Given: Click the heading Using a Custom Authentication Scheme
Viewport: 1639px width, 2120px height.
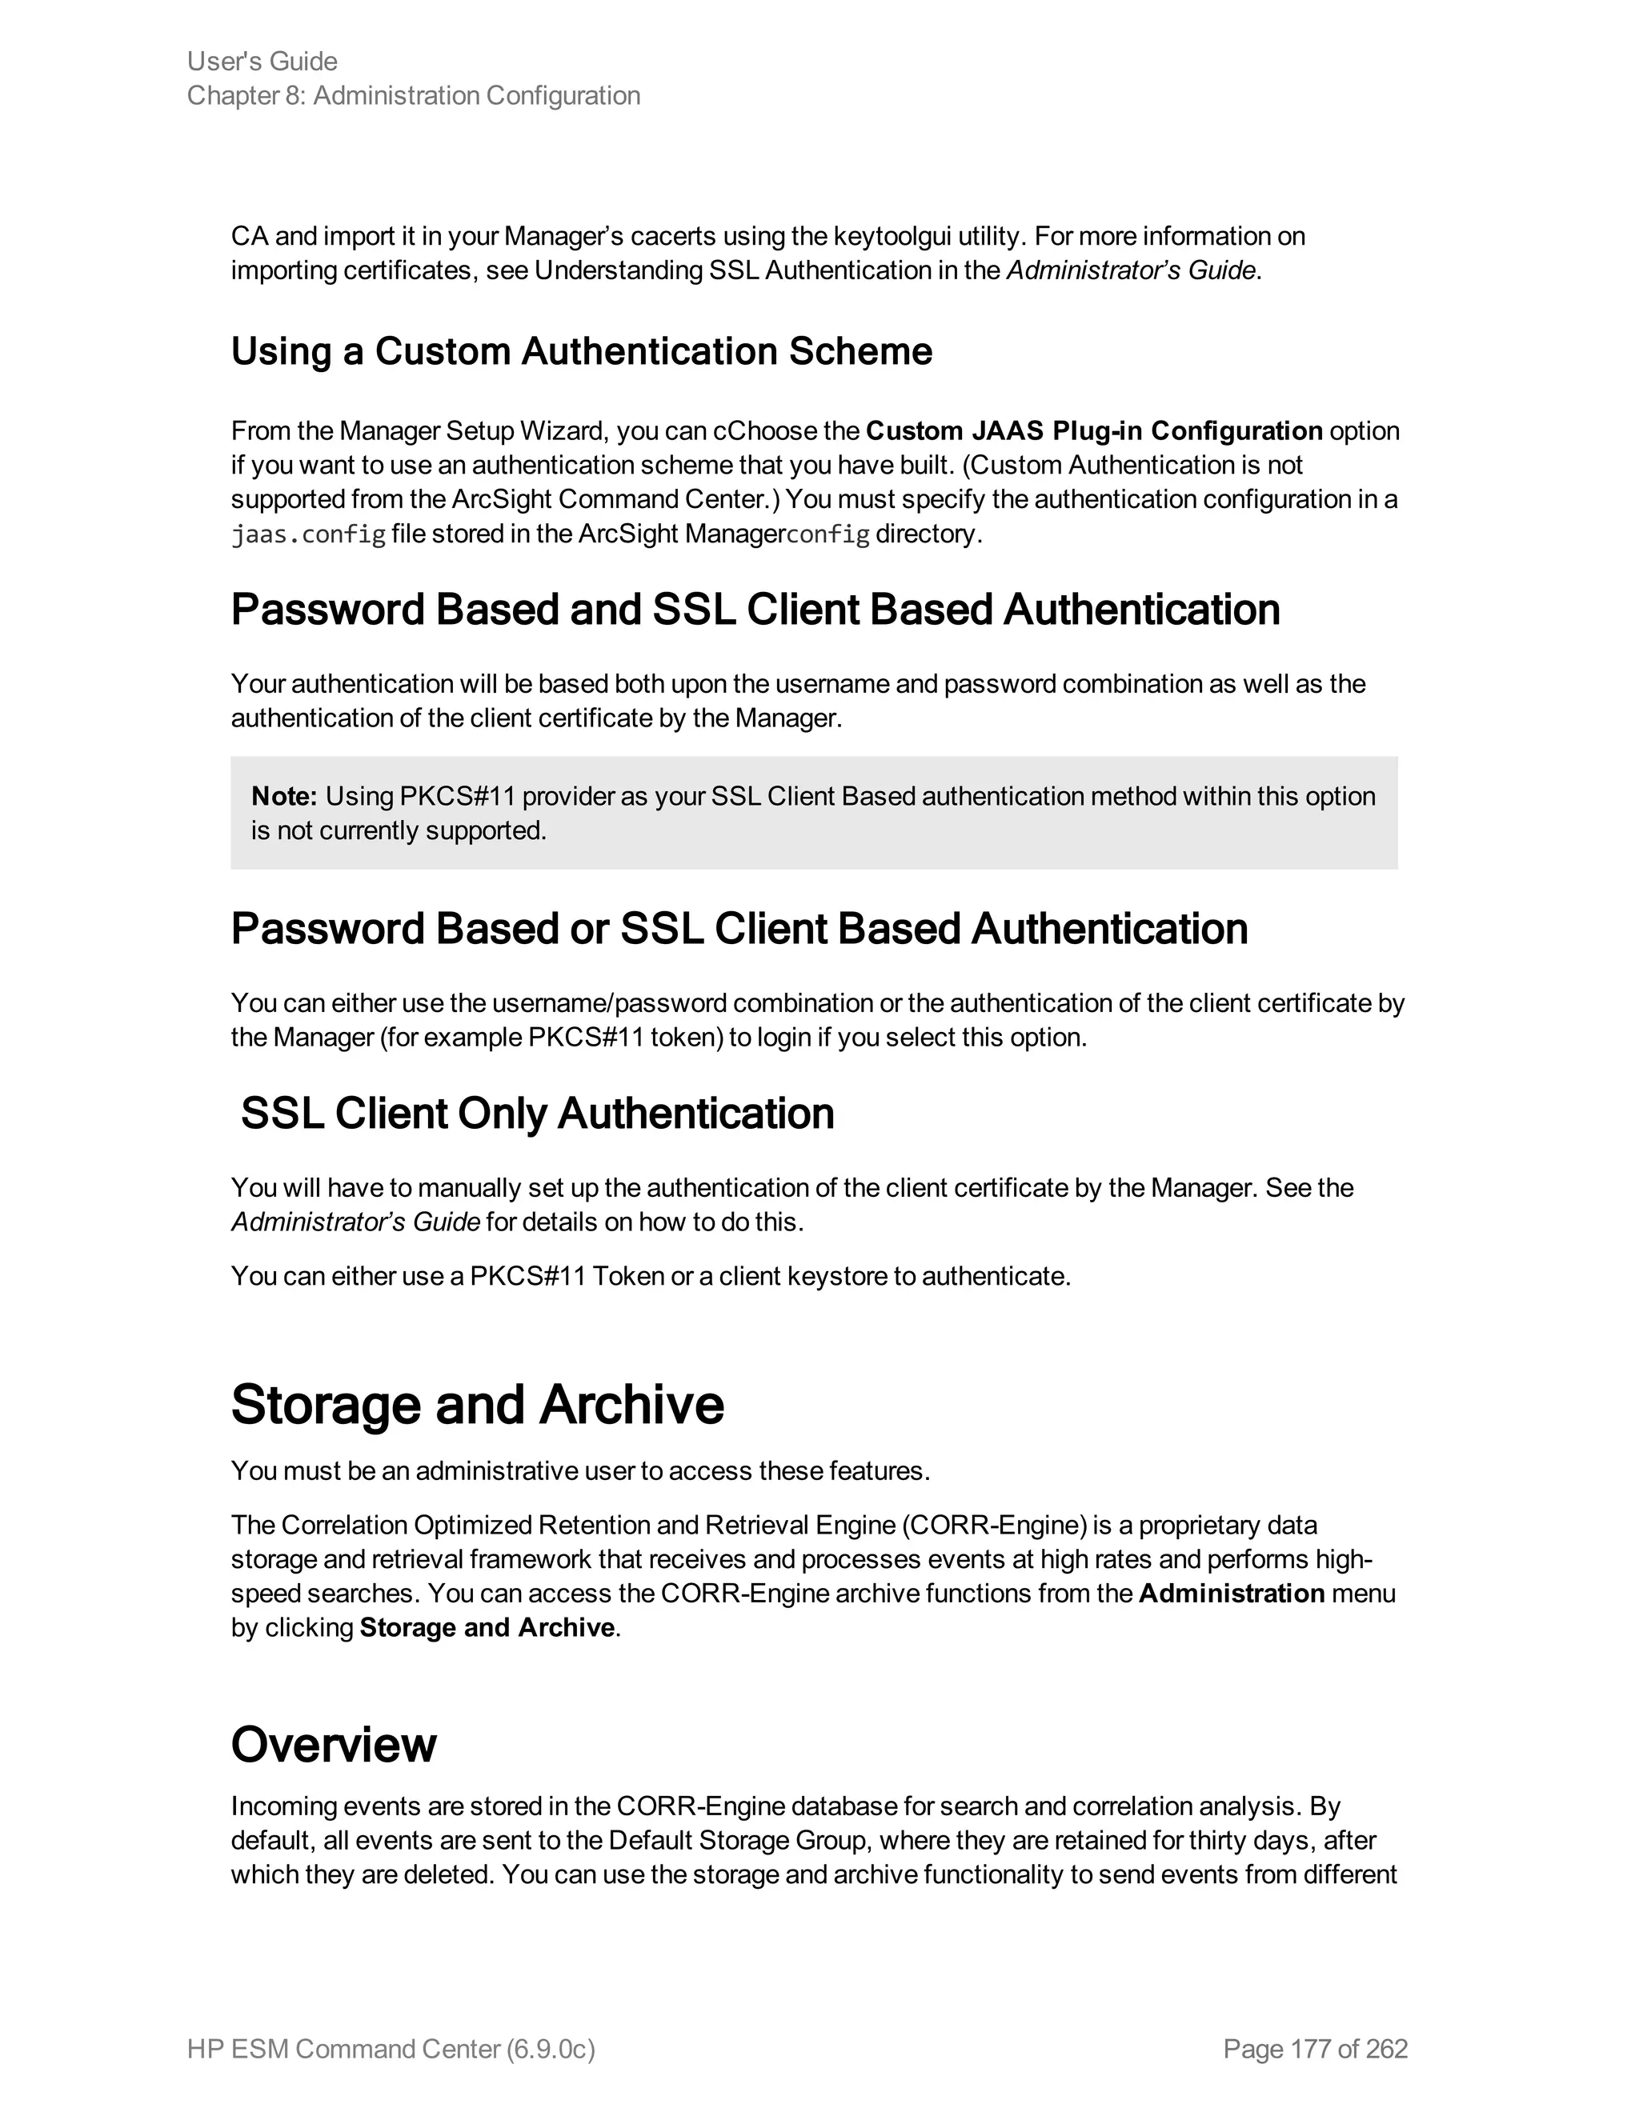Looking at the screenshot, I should pyautogui.click(x=581, y=351).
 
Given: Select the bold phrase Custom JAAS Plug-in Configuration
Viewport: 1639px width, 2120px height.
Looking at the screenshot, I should pyautogui.click(x=1093, y=431).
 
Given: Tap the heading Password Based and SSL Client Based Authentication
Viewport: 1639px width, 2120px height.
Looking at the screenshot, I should pyautogui.click(x=755, y=610).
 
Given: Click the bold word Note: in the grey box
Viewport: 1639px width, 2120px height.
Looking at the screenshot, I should pyautogui.click(x=283, y=797).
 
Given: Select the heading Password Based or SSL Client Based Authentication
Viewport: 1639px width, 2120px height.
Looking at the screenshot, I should pyautogui.click(x=739, y=929).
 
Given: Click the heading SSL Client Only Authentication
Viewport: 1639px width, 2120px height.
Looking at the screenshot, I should pyautogui.click(x=537, y=1114).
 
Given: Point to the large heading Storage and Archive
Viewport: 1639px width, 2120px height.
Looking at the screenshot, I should pyautogui.click(x=477, y=1405).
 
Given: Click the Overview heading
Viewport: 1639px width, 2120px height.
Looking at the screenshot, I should pyautogui.click(x=333, y=1744).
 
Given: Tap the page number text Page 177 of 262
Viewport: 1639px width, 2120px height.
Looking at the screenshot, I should pyautogui.click(x=1315, y=2049).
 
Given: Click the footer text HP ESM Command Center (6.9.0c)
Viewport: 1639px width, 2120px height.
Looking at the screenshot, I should pyautogui.click(x=391, y=2049).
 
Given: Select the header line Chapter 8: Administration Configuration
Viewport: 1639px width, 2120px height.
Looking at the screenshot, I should pyautogui.click(x=414, y=96).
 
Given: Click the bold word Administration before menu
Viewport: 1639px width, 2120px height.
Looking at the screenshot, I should pyautogui.click(x=1231, y=1594).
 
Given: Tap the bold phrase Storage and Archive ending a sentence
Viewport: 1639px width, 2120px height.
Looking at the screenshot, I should pyautogui.click(x=487, y=1628).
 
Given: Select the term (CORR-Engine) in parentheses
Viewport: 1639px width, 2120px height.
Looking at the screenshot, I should pyautogui.click(x=993, y=1526).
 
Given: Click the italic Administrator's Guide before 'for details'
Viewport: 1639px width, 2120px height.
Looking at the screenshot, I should pyautogui.click(x=355, y=1222).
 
